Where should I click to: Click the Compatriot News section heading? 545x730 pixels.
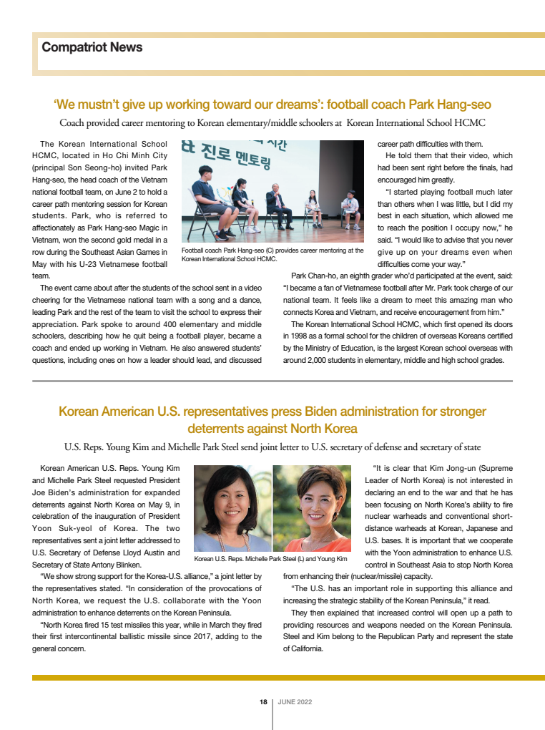point(92,47)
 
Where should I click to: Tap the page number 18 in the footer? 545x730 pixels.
point(262,702)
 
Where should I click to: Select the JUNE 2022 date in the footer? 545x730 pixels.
point(295,702)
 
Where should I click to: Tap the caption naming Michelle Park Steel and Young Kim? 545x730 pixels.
point(270,558)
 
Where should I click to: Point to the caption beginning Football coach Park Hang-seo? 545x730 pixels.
point(272,255)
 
